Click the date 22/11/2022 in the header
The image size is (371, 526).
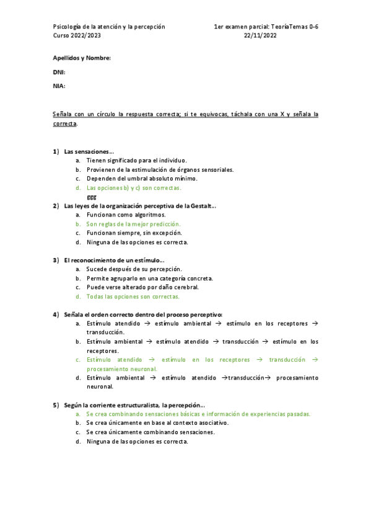point(260,36)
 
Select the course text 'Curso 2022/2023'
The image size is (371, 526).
point(77,36)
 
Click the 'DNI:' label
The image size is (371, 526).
point(59,72)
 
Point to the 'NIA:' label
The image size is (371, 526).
point(59,86)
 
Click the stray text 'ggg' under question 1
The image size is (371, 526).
point(91,197)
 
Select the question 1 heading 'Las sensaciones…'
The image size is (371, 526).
point(89,151)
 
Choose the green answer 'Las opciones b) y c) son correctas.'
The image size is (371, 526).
point(133,187)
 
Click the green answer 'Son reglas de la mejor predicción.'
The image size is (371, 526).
point(133,224)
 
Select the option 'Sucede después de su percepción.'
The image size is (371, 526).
point(134,269)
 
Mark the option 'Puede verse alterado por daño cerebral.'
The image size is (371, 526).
point(142,287)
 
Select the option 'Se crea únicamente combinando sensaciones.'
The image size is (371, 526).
point(151,432)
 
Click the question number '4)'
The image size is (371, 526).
point(56,314)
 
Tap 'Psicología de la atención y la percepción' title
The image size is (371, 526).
point(109,27)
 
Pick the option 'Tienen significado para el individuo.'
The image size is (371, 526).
point(136,160)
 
